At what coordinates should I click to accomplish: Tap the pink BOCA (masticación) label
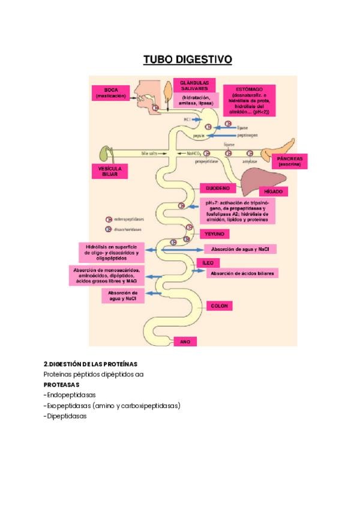tap(111, 92)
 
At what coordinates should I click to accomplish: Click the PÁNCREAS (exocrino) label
tap(289, 161)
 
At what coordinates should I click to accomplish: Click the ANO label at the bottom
tap(185, 341)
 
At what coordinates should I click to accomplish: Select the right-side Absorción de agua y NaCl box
tap(240, 248)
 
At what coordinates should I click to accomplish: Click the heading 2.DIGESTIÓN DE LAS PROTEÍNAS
tap(90, 364)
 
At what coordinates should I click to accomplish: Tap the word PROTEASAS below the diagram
tap(61, 384)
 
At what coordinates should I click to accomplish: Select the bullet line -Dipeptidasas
tap(65, 416)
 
